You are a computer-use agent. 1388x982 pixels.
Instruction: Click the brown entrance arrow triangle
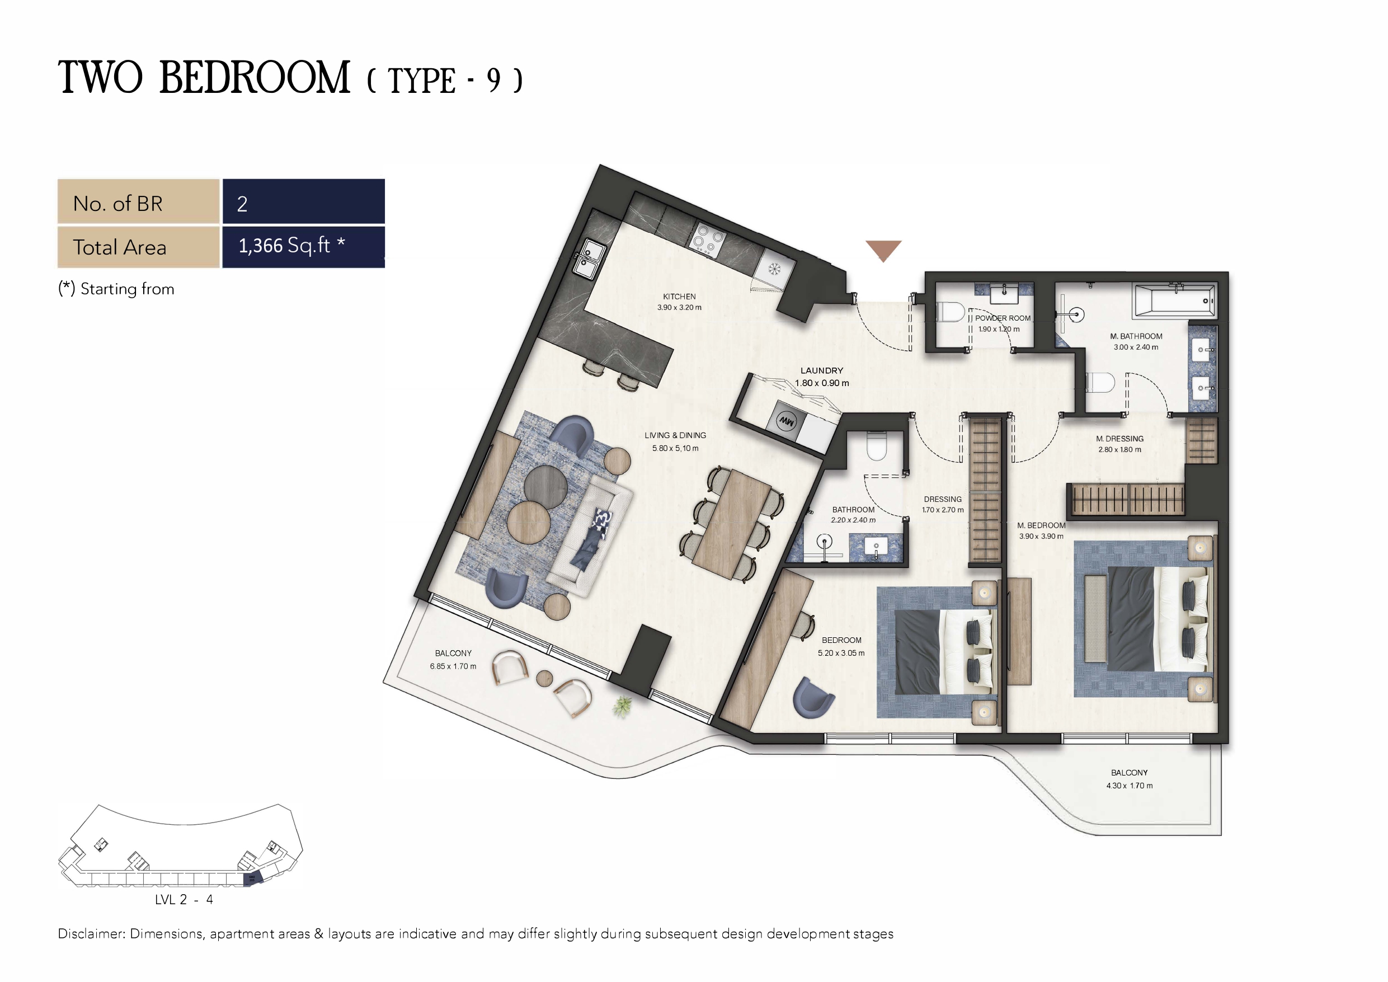pos(883,248)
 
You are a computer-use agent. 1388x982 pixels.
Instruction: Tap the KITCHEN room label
pos(680,297)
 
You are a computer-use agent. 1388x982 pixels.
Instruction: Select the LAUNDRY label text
pos(822,370)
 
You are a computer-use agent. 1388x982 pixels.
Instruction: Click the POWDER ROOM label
pos(1003,318)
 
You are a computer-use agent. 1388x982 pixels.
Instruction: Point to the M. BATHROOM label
pos(1136,336)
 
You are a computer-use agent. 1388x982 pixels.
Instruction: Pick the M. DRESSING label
pos(1119,438)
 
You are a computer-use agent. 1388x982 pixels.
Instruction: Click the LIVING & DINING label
pos(675,435)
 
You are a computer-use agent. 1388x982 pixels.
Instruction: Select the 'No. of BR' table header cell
pos(138,201)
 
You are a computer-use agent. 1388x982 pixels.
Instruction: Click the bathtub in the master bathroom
pos(1175,300)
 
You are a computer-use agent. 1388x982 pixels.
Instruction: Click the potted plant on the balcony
pos(622,706)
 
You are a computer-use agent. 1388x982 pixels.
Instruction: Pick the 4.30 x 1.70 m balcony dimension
pos(1130,786)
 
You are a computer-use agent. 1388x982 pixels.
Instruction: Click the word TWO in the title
pos(100,77)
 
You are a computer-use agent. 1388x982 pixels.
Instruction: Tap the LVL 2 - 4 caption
pos(184,900)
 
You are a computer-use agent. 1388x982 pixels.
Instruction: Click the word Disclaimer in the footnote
pos(91,934)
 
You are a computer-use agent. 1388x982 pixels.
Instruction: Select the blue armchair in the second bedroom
pos(812,697)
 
